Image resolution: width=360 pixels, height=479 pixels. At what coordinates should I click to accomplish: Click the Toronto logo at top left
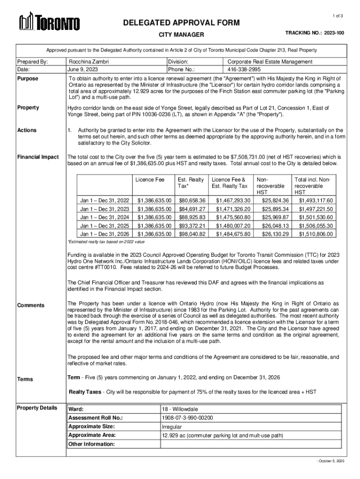pos(49,22)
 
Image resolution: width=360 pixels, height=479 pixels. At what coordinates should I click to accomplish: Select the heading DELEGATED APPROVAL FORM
pos(181,23)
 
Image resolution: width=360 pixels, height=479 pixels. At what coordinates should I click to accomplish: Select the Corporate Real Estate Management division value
pos(270,62)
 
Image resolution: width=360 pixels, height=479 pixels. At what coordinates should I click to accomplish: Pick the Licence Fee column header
pos(150,180)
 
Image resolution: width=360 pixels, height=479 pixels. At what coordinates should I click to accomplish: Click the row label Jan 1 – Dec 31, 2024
pos(105,217)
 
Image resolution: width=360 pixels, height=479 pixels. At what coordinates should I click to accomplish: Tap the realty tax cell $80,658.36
pos(192,200)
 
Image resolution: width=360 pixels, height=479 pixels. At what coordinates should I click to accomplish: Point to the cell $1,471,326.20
pos(233,209)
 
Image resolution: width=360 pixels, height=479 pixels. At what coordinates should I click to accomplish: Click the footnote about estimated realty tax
pos(107,242)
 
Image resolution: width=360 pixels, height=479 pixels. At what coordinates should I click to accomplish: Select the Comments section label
pos(31,305)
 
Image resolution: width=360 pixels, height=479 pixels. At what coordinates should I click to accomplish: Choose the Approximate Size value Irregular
pos(171,427)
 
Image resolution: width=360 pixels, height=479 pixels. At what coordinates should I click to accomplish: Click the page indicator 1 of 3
pos(338,16)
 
